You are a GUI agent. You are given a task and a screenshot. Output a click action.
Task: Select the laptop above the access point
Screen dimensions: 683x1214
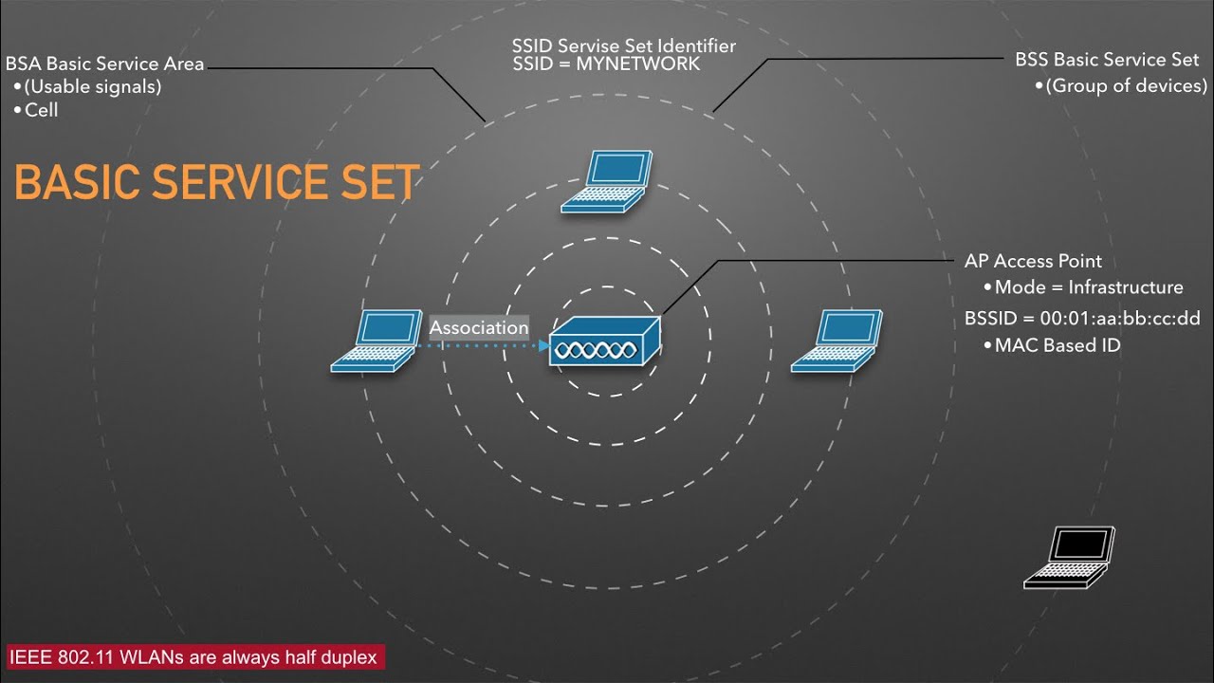tap(607, 180)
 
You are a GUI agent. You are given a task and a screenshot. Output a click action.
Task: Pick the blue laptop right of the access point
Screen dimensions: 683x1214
tap(837, 340)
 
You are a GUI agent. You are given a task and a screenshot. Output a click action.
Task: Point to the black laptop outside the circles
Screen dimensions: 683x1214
tap(1069, 558)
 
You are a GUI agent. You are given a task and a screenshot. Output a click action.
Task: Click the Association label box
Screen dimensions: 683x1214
tap(479, 327)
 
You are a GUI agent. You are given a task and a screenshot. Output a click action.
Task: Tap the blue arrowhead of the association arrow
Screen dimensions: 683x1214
tap(543, 346)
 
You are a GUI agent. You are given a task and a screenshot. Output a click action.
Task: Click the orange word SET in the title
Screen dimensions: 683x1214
tap(374, 182)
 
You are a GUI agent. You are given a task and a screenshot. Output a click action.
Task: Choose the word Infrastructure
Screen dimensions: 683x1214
tap(1126, 287)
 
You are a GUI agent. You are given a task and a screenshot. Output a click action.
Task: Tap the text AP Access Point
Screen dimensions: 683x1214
tap(1033, 262)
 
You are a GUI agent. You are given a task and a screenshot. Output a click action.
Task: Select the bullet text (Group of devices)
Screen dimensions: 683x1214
tap(1127, 86)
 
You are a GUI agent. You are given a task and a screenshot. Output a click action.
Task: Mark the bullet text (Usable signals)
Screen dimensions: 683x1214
tap(93, 87)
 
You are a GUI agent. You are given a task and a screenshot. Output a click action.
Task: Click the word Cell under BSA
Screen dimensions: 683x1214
tap(42, 110)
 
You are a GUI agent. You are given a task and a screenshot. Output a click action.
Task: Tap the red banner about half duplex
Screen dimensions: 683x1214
tap(193, 656)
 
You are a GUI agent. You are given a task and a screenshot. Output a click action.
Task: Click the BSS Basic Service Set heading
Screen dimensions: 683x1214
tap(1107, 60)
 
